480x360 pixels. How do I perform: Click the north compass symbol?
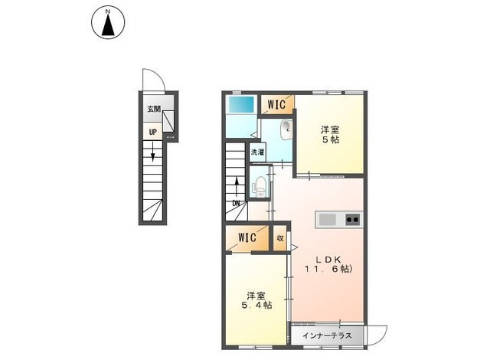[x=108, y=23]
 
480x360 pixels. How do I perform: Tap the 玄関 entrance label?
[x=155, y=110]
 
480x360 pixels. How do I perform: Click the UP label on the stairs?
[x=153, y=132]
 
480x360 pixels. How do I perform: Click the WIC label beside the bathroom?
[x=276, y=104]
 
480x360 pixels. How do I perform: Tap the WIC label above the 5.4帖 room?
[x=247, y=237]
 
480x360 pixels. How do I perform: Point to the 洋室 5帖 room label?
[x=330, y=134]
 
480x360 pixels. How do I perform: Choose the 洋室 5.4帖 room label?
[x=255, y=299]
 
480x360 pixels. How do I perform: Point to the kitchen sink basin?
[x=327, y=220]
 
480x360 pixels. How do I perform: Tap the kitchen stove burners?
[x=353, y=220]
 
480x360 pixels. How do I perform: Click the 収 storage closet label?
[x=280, y=238]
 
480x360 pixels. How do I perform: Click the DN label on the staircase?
[x=237, y=203]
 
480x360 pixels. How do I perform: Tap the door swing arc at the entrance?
[x=152, y=79]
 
